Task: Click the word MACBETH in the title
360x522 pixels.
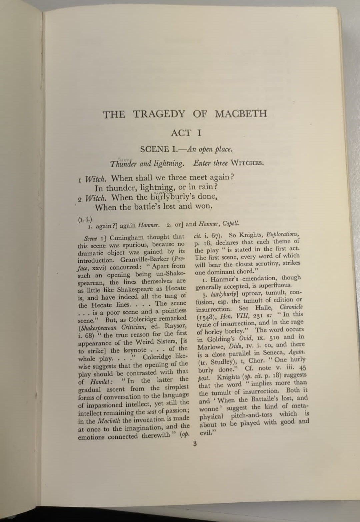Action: coord(241,114)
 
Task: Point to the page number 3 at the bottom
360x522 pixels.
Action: coord(195,444)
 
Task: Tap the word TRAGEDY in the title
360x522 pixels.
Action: coord(159,114)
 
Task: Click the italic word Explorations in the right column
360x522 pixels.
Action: coord(283,234)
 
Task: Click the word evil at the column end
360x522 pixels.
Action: coord(206,433)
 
